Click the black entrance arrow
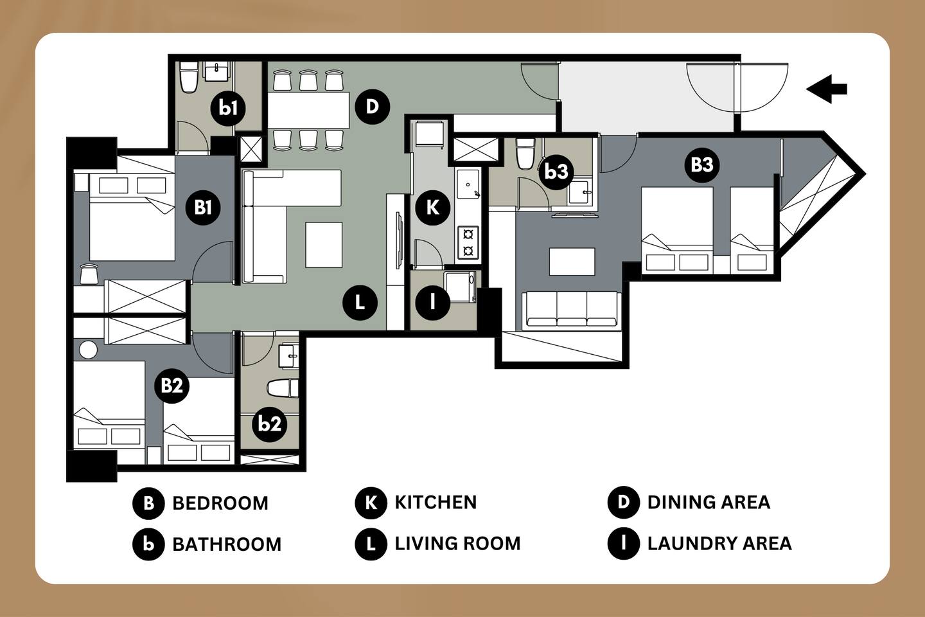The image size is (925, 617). pos(826,89)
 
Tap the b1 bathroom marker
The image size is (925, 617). pos(228,108)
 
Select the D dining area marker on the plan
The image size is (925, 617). pos(373,107)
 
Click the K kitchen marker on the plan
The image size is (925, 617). pos(432,208)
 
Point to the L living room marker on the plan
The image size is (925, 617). pos(360,303)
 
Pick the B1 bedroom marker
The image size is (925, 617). pos(203,207)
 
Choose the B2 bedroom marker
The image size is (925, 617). pos(172,386)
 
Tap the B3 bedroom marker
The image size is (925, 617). pos(702,165)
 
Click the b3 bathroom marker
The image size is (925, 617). pos(556,172)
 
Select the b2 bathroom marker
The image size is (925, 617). pos(270,424)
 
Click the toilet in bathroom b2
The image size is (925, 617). pos(283,388)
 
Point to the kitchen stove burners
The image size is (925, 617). pos(468,243)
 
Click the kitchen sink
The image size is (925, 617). pos(468,184)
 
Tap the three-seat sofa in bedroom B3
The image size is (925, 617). pos(572,311)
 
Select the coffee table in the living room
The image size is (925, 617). pos(324,245)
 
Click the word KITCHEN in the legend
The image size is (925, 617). pos(436,503)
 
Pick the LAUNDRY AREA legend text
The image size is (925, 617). pos(719,544)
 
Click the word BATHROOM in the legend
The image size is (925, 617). pos(227,544)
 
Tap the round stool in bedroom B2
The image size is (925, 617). pos(89,350)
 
